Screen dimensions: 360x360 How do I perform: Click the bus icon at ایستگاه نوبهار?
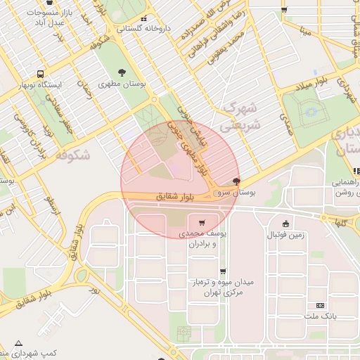(x=41, y=74)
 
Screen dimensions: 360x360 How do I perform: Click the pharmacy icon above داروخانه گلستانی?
(x=143, y=19)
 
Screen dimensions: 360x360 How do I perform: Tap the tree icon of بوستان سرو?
(x=236, y=181)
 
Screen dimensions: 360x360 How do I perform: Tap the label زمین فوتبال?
(x=285, y=235)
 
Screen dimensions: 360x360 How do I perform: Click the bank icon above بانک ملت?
(x=321, y=306)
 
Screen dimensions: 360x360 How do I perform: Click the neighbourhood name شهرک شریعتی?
(x=240, y=117)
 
